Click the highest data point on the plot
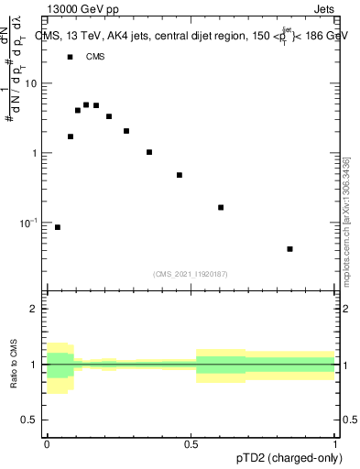point(86,104)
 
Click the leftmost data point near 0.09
point(58,227)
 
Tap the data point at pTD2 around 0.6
point(221,208)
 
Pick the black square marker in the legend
point(70,57)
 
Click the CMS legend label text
point(95,57)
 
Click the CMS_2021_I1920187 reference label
point(191,274)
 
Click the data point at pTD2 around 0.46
point(180,175)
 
